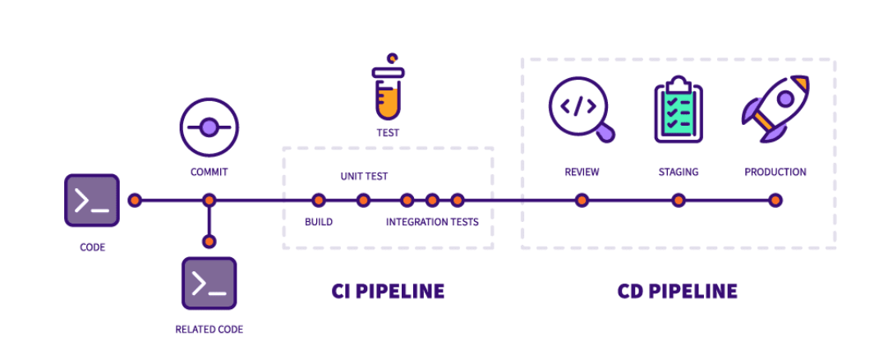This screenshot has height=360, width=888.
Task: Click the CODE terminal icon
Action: coord(92,201)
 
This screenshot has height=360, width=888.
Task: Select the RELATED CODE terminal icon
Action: coord(209,284)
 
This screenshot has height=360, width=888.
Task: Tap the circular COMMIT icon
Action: coord(209,127)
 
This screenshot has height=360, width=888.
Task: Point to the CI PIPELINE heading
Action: coord(388,291)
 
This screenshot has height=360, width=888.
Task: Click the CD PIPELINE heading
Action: coord(677,291)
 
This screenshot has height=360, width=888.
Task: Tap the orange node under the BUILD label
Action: coord(319,200)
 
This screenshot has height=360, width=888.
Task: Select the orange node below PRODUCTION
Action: coord(775,200)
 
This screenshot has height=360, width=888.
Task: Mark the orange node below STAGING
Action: coord(678,200)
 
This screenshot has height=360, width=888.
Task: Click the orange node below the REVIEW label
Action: coord(582,200)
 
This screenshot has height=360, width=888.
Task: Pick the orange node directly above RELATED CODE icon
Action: coord(209,242)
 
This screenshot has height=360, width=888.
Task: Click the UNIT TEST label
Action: coord(364,176)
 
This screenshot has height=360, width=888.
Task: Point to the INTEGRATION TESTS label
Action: coord(432,222)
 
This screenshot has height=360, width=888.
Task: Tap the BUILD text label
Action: coord(319,222)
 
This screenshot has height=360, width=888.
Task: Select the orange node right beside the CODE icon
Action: coord(135,200)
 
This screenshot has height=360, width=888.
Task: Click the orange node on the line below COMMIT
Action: coord(209,200)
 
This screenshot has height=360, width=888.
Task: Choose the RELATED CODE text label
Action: coord(209,330)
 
